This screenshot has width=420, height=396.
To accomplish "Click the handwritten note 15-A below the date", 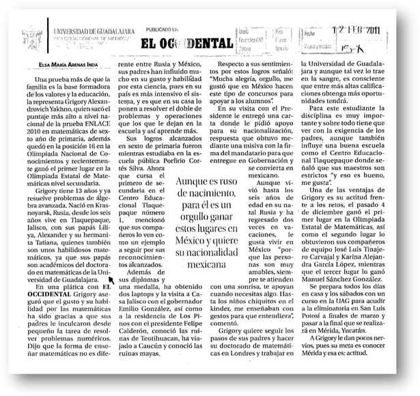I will tap(382, 46).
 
